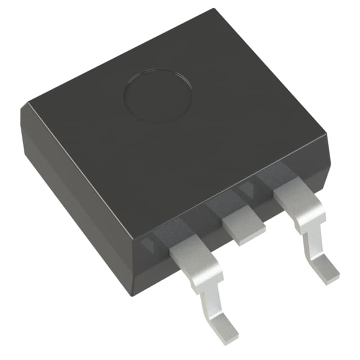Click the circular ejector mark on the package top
tap(157, 97)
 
